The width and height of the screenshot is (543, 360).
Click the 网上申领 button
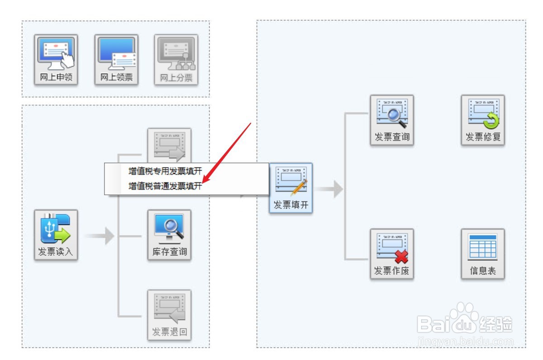click(x=56, y=60)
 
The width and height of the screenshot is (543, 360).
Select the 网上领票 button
click(x=116, y=60)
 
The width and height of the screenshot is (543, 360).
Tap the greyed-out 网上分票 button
click(x=176, y=60)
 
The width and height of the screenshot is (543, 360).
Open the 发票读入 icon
click(x=56, y=235)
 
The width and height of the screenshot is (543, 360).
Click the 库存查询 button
click(x=169, y=235)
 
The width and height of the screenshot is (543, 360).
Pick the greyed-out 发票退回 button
click(x=169, y=315)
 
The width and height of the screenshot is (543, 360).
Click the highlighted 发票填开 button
click(x=291, y=188)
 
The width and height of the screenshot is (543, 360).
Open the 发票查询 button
click(x=392, y=120)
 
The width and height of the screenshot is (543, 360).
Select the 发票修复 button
click(x=483, y=120)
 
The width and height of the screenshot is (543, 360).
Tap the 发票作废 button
click(x=392, y=254)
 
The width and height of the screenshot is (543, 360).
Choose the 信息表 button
click(x=483, y=254)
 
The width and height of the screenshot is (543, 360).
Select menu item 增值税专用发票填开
click(x=165, y=171)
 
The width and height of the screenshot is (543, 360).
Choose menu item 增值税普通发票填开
click(x=165, y=186)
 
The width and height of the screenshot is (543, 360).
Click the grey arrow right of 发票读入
click(x=100, y=235)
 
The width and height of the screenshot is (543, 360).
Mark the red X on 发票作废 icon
click(x=401, y=257)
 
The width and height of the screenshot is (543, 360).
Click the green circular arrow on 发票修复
click(x=491, y=120)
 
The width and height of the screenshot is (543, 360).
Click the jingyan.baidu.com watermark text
click(x=466, y=342)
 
